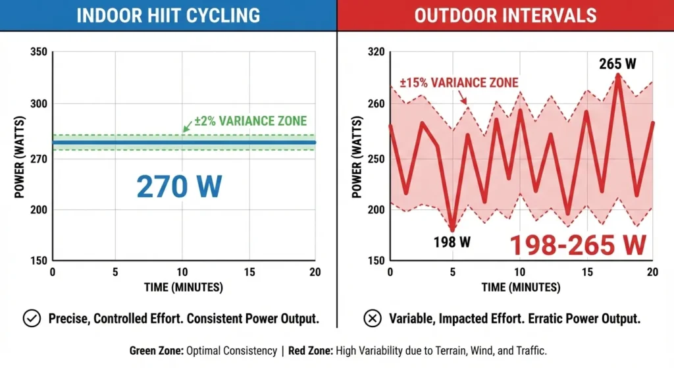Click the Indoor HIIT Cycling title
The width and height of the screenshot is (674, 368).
pyautogui.click(x=168, y=15)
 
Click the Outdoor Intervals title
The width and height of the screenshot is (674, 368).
pyautogui.click(x=505, y=15)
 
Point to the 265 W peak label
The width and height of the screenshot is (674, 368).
pyautogui.click(x=617, y=64)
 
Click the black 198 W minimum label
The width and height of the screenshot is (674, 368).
pyautogui.click(x=452, y=242)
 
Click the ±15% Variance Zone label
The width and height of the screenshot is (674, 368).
pyautogui.click(x=459, y=83)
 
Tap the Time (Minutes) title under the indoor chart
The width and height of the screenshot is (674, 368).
pyautogui.click(x=183, y=288)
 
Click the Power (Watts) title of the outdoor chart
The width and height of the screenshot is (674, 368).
pyautogui.click(x=357, y=156)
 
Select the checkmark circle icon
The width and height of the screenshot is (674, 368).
pyautogui.click(x=32, y=319)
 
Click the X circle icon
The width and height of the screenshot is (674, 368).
pyautogui.click(x=373, y=319)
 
